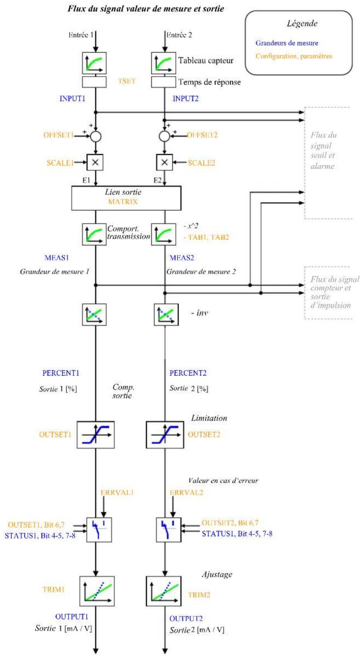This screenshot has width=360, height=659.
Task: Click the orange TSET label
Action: tap(127, 81)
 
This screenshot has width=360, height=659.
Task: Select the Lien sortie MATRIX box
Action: tap(126, 198)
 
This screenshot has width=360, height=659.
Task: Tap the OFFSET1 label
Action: tap(59, 135)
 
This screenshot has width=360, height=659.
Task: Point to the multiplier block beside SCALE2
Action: tap(165, 162)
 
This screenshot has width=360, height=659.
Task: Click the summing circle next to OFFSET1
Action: tap(96, 136)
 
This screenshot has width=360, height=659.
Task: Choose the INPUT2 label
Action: tap(186, 98)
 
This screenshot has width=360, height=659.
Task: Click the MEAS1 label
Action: tap(57, 258)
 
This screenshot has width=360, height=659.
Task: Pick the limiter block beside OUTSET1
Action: tap(96, 434)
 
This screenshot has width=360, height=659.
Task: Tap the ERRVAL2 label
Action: tap(186, 492)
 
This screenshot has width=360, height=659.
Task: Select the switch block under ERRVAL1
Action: tap(99, 530)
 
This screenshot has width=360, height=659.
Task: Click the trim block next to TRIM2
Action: tap(164, 591)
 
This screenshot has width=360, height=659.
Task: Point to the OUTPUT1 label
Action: tap(72, 616)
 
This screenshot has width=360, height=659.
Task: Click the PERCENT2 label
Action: tap(188, 373)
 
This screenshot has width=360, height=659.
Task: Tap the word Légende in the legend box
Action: tap(302, 23)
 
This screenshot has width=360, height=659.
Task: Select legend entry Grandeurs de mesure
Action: tap(287, 43)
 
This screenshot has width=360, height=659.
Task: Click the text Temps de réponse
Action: tap(209, 82)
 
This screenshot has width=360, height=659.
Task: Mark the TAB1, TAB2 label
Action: tap(208, 237)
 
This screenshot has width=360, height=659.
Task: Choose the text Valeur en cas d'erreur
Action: tap(223, 481)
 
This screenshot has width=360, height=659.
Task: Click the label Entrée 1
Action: tap(81, 35)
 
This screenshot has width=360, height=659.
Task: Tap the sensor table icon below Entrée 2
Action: tap(163, 63)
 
